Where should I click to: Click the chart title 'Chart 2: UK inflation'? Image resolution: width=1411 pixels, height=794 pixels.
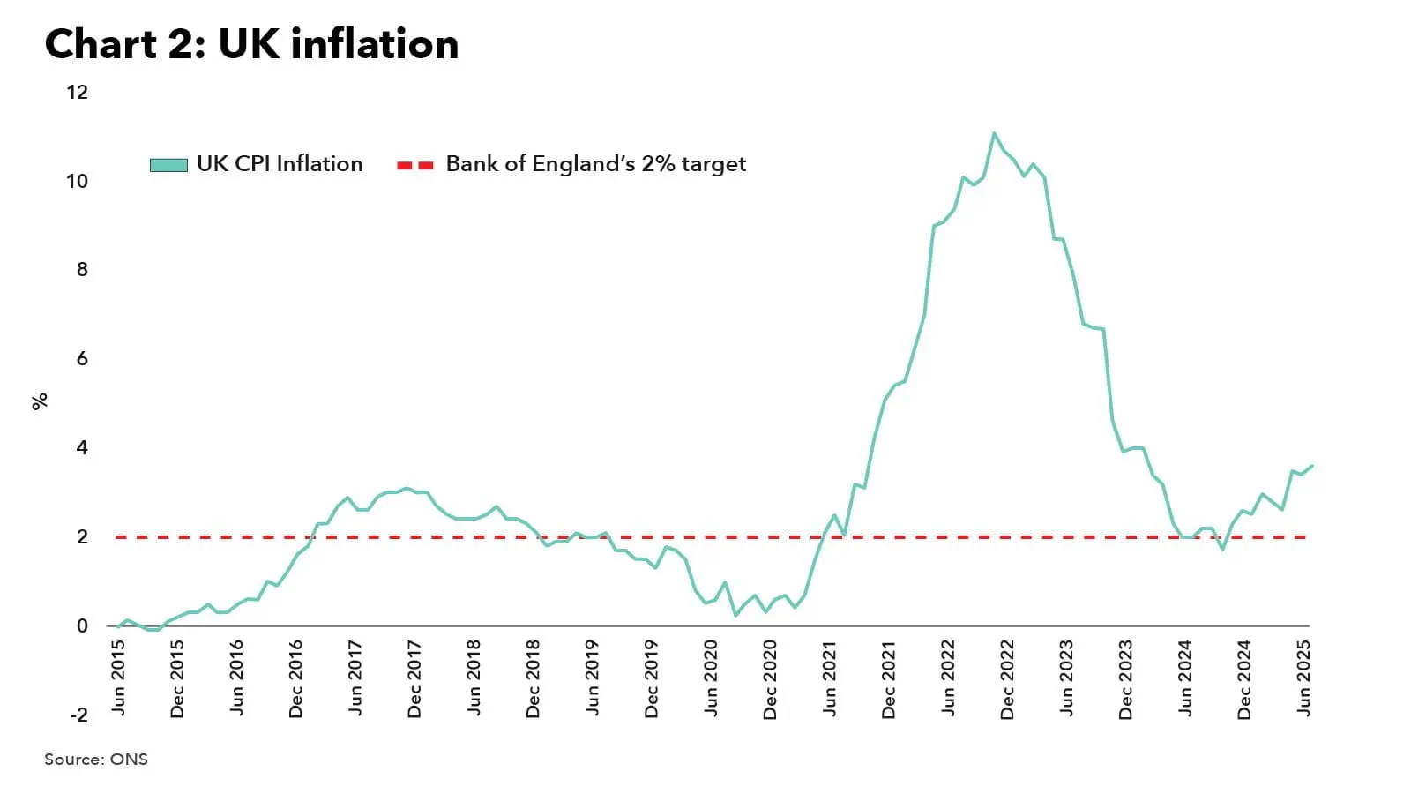click(x=251, y=44)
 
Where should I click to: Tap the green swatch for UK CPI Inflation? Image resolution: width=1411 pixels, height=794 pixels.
click(x=168, y=165)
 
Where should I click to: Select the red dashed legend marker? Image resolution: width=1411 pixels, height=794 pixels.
click(x=415, y=165)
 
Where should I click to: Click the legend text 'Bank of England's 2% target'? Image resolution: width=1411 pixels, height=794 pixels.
click(x=595, y=164)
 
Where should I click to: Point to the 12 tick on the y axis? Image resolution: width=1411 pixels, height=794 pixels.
click(x=78, y=92)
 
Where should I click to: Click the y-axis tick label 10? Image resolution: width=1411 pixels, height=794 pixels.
click(x=78, y=181)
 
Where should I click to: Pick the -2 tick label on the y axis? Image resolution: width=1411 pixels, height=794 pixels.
click(x=78, y=715)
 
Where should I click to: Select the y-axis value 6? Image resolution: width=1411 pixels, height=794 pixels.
click(x=82, y=358)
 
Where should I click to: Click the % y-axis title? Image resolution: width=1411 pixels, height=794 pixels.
click(x=40, y=401)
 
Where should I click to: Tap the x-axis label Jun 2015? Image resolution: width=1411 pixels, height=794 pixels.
click(x=118, y=678)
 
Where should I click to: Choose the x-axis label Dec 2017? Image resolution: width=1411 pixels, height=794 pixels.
click(x=414, y=679)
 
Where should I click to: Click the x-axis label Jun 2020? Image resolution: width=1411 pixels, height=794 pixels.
click(x=711, y=678)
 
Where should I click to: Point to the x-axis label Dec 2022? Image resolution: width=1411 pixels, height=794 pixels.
click(x=1007, y=679)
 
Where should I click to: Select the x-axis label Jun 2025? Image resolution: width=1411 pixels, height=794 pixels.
click(x=1303, y=678)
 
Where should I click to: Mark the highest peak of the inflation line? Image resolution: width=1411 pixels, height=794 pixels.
click(x=994, y=133)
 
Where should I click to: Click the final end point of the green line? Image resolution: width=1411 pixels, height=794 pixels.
click(x=1312, y=466)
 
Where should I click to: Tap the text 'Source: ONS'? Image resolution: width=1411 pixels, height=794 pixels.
click(x=96, y=759)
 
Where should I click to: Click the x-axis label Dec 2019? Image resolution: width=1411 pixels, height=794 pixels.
click(x=652, y=679)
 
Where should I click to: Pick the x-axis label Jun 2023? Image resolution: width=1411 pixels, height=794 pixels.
click(x=1066, y=678)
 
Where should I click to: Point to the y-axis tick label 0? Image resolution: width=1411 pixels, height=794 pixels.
click(x=82, y=625)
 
